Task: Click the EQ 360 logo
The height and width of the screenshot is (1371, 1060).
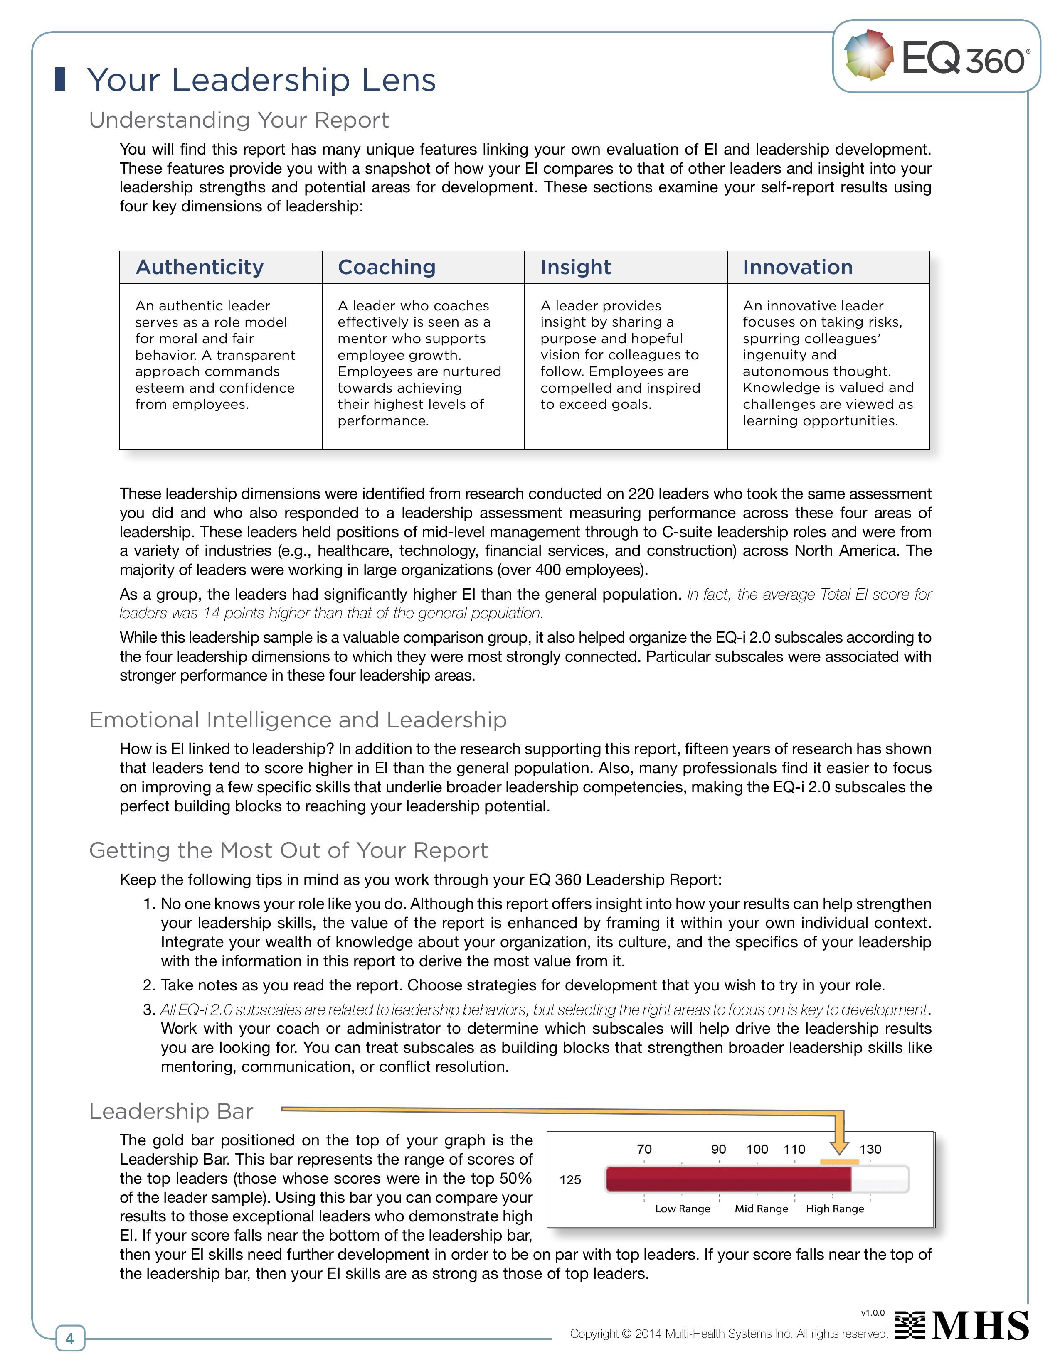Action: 936,57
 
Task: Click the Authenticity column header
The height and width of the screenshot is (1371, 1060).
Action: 200,268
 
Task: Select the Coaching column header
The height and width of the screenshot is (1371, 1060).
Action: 387,268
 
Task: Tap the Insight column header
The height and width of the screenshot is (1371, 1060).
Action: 575,268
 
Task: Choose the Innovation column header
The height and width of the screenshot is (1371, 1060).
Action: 798,268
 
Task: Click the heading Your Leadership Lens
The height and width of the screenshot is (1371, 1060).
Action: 261,80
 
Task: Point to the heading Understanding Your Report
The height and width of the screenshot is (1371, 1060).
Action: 239,120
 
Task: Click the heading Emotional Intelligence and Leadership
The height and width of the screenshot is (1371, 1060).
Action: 298,720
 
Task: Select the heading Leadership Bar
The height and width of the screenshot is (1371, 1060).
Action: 171,1111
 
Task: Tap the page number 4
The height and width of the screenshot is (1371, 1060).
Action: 70,1338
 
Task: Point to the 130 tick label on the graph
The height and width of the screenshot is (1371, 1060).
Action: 870,1150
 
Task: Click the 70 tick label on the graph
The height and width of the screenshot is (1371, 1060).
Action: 644,1150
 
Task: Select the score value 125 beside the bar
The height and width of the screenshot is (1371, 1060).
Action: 570,1180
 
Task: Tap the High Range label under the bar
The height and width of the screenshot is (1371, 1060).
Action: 835,1209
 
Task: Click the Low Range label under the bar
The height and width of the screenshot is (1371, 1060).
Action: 683,1209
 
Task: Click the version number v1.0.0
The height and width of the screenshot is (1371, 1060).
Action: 873,1312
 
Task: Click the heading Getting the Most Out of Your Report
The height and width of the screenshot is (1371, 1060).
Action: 288,850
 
